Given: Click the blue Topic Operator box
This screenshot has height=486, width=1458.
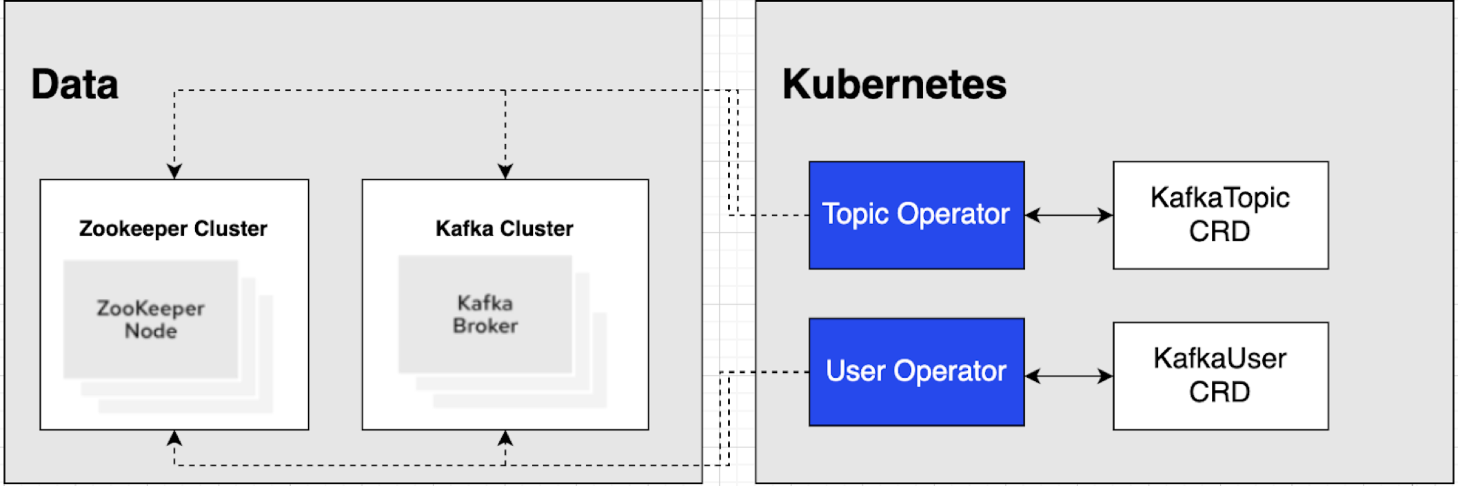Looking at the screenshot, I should click(916, 214).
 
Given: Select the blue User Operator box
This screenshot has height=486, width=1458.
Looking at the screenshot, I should click(916, 372).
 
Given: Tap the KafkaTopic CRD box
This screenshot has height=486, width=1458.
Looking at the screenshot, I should click(1220, 214).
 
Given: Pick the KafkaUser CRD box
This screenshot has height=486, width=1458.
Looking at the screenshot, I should click(1220, 376).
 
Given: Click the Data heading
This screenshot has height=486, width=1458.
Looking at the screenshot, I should click(74, 84).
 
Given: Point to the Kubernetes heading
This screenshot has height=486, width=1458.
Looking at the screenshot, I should click(894, 84).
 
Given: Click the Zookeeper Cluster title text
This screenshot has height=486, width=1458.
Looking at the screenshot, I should click(173, 228).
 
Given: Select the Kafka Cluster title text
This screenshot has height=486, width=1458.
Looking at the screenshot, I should click(505, 228).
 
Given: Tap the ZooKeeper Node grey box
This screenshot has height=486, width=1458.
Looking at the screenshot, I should click(150, 318).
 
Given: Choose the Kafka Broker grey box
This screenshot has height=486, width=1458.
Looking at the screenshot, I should click(485, 314).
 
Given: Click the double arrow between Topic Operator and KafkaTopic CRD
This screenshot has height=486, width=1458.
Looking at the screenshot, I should click(1069, 215).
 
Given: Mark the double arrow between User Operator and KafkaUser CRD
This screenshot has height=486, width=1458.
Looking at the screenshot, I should click(1069, 376).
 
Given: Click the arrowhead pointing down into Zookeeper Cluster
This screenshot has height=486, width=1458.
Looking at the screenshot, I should click(174, 171).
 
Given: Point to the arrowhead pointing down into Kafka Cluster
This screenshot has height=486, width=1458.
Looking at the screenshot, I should click(505, 171).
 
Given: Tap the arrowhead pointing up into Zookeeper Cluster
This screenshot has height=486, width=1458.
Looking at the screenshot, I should click(174, 438).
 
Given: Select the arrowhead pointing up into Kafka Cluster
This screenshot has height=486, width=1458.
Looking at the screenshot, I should click(505, 438).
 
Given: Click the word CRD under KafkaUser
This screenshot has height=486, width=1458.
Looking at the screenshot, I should click(1219, 392).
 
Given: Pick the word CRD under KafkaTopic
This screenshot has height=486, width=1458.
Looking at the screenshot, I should click(1219, 232).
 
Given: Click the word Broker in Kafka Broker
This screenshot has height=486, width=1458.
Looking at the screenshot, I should click(485, 326).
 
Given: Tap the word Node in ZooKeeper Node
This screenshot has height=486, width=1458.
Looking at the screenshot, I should click(150, 331).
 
